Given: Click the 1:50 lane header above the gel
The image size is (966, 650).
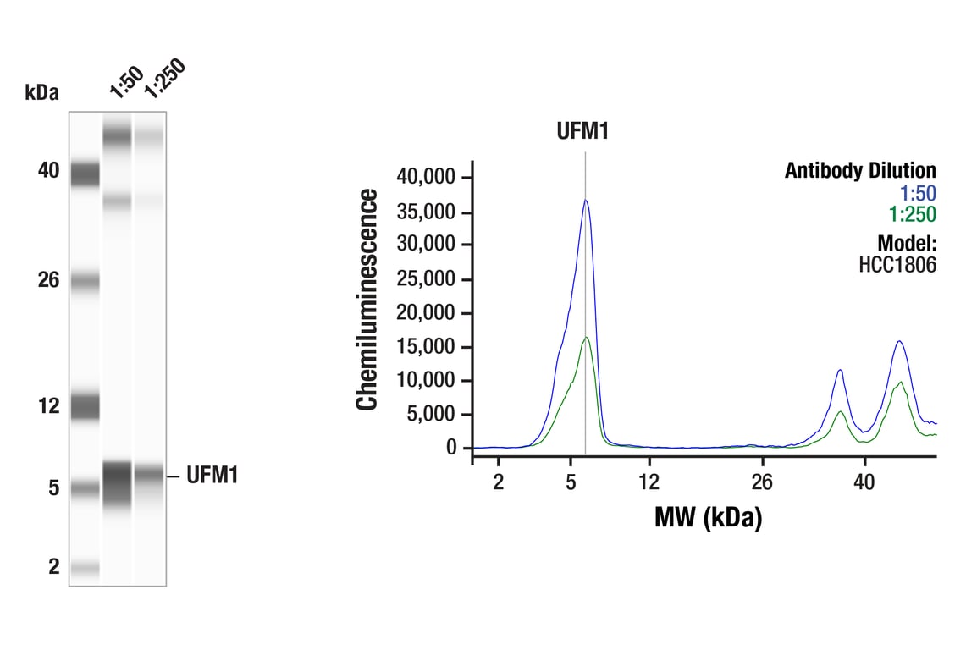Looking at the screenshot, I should click(125, 81).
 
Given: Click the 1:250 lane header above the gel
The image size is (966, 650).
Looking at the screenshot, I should click(163, 78).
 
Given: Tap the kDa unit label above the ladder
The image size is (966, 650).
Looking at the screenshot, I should click(42, 92).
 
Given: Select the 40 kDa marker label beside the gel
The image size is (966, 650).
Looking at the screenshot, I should click(48, 171).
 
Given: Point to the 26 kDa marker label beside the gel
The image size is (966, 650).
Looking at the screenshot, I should click(48, 279).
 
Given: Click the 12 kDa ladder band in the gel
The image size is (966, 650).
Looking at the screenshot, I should click(85, 406).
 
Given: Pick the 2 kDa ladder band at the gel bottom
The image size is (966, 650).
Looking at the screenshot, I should click(85, 569).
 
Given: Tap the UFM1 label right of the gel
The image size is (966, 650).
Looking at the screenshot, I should click(212, 476).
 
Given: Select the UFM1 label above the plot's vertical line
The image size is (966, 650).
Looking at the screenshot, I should click(582, 131).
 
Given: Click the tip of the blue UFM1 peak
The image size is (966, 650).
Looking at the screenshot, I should click(585, 201).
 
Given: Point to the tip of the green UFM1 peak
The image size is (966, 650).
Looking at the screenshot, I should click(586, 337).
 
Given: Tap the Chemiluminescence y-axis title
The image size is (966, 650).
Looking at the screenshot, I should click(367, 300).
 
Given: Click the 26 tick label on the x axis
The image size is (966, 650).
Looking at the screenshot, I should click(762, 482).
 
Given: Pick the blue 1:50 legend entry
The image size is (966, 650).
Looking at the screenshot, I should click(918, 194).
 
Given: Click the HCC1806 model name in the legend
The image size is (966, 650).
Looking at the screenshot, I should click(897, 265).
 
